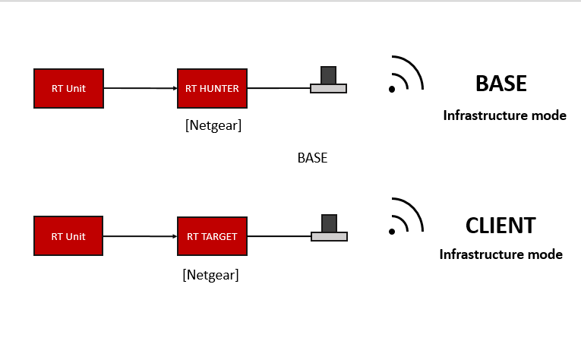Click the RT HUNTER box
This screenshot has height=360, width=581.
pyautogui.click(x=212, y=88)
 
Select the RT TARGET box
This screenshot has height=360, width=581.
pyautogui.click(x=212, y=236)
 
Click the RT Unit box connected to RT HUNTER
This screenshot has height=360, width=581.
pyautogui.click(x=68, y=88)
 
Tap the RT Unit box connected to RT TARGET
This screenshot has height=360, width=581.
pyautogui.click(x=68, y=236)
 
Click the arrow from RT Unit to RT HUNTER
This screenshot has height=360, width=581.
pyautogui.click(x=140, y=88)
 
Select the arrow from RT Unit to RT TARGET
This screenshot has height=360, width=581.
pyautogui.click(x=140, y=236)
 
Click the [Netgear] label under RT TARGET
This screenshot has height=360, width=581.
pyautogui.click(x=210, y=275)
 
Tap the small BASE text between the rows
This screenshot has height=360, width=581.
pyautogui.click(x=312, y=159)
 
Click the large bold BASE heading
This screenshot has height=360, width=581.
pyautogui.click(x=500, y=84)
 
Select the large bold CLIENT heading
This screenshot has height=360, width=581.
pyautogui.click(x=500, y=226)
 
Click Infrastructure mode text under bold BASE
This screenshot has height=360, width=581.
pyautogui.click(x=504, y=116)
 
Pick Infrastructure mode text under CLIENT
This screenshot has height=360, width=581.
pyautogui.click(x=500, y=254)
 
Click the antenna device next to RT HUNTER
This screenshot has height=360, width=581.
pyautogui.click(x=328, y=81)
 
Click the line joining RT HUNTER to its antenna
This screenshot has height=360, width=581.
pyautogui.click(x=279, y=88)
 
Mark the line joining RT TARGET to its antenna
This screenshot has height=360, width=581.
pyautogui.click(x=279, y=236)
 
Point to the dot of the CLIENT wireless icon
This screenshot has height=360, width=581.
pyautogui.click(x=392, y=231)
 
